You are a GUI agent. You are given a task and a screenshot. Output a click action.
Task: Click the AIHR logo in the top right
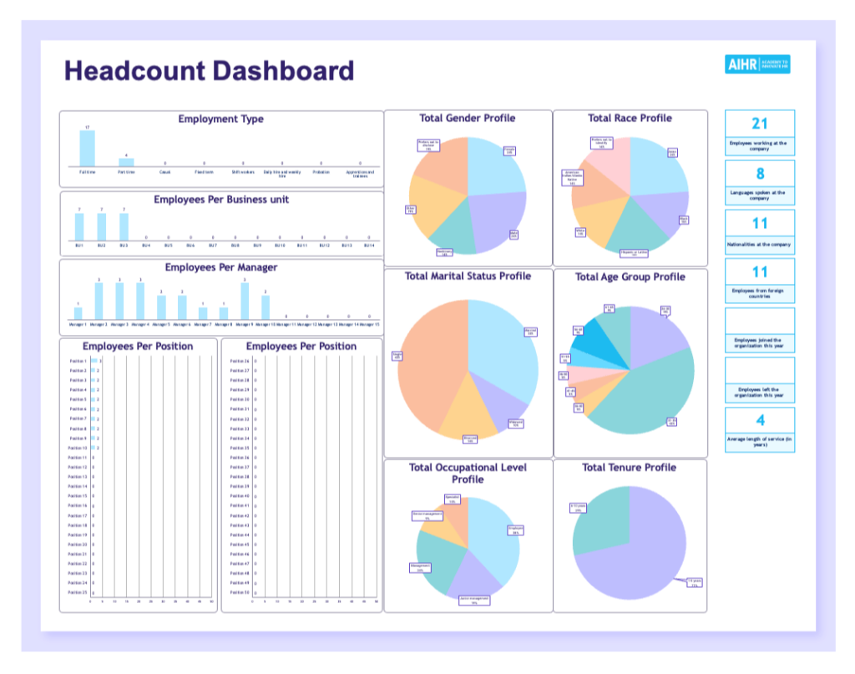[756, 65]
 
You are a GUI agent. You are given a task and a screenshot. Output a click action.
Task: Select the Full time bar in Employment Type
[87, 149]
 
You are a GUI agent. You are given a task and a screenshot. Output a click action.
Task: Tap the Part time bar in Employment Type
[126, 162]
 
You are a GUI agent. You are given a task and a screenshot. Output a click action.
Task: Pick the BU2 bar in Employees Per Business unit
[102, 227]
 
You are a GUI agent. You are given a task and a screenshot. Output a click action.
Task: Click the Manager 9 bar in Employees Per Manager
[245, 301]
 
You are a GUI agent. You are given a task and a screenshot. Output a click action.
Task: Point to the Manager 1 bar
[78, 313]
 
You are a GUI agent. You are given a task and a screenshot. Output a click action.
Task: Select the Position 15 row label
[78, 496]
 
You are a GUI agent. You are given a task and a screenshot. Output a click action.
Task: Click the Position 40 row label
[240, 496]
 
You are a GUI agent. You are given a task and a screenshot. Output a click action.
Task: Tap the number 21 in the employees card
[759, 124]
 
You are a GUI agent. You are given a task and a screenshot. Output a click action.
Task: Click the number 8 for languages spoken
[759, 174]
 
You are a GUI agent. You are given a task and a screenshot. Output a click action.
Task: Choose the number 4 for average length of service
[759, 421]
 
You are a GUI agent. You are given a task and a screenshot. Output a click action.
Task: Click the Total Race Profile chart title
[630, 119]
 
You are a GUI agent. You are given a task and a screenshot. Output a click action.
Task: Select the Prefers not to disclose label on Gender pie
[427, 145]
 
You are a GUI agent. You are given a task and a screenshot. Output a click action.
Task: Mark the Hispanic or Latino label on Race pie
[634, 253]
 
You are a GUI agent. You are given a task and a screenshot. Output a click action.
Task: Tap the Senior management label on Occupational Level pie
[427, 516]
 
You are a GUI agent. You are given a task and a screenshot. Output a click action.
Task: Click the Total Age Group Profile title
[630, 277]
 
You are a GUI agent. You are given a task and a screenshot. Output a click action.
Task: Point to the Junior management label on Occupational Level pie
[473, 600]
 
